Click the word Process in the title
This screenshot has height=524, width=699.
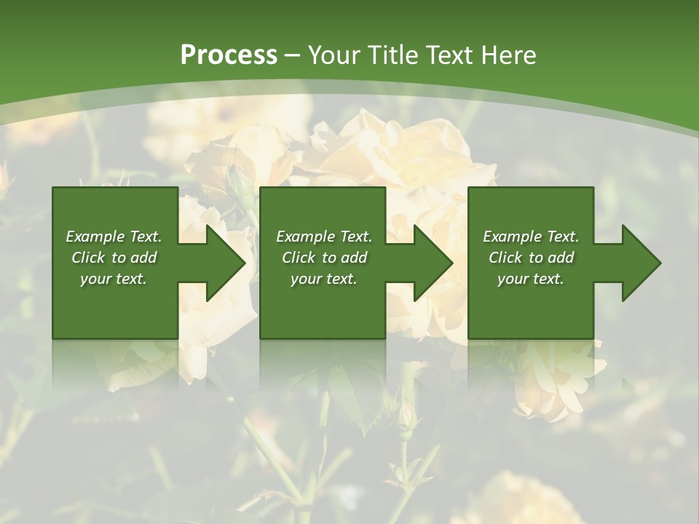[229, 55]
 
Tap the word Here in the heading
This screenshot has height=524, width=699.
[508, 55]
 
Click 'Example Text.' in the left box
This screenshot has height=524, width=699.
[114, 237]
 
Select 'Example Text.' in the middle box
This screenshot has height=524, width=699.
[324, 237]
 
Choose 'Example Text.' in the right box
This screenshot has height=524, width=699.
[531, 237]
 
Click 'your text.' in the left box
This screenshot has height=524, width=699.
[114, 279]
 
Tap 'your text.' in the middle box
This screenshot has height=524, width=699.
[324, 279]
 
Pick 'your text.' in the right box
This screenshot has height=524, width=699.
[531, 279]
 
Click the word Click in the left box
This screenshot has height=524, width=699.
[89, 258]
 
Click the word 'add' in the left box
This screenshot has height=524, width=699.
[143, 258]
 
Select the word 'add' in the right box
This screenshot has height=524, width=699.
[561, 258]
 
